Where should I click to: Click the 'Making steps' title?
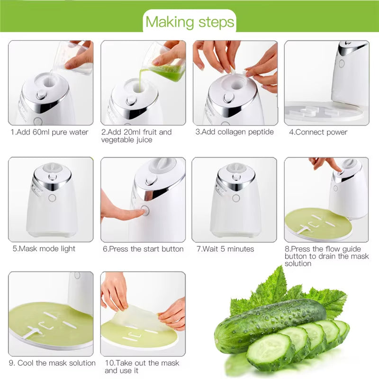point(189,22)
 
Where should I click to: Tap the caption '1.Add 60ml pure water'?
point(50,132)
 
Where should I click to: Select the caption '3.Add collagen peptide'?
point(235,132)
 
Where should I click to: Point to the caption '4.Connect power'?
point(318,132)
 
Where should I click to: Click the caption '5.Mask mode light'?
point(44,249)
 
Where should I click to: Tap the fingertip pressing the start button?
point(137,213)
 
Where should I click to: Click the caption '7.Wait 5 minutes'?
point(225,249)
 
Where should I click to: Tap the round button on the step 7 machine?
point(235,198)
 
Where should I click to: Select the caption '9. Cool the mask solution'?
point(52,363)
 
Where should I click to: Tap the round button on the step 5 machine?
point(52,198)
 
